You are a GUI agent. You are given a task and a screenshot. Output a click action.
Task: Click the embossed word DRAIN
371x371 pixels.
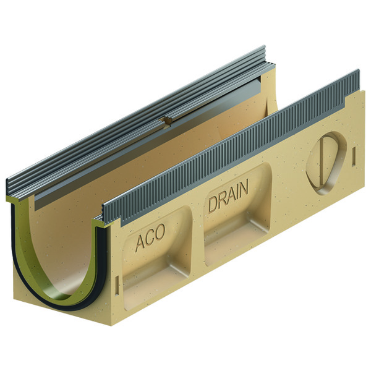click(x=228, y=195)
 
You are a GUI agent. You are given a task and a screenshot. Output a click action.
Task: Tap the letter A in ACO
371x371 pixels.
click(x=140, y=243)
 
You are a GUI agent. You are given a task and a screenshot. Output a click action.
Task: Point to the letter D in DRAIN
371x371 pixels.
click(x=213, y=205)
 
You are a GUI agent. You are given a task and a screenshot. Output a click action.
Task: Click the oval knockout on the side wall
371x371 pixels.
click(x=326, y=163)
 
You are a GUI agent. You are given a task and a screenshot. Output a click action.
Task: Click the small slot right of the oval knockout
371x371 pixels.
click(x=354, y=157)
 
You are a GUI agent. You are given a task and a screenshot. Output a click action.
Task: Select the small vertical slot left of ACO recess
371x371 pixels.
click(x=117, y=286)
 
